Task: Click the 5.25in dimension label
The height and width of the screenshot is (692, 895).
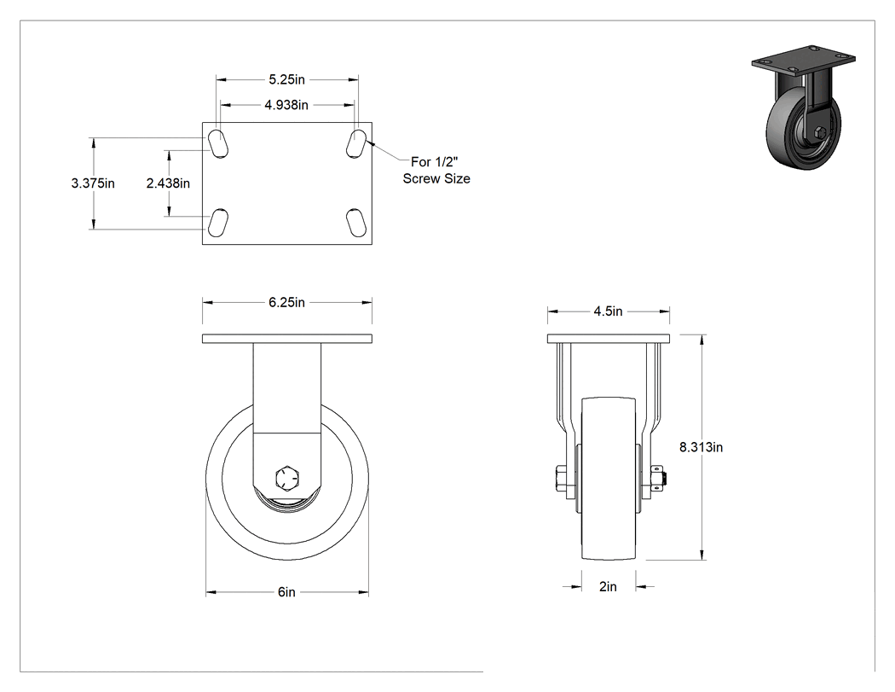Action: click(x=286, y=79)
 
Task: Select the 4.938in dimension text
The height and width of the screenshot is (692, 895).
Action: click(x=286, y=105)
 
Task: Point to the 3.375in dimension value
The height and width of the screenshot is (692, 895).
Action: click(x=93, y=183)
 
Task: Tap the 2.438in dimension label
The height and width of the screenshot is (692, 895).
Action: click(x=168, y=183)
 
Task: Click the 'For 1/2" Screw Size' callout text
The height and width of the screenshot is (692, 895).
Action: click(x=436, y=171)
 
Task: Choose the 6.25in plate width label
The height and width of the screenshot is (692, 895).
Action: click(x=286, y=302)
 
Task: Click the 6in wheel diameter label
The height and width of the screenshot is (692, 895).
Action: click(x=286, y=592)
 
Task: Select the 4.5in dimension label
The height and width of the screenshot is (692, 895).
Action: click(x=608, y=311)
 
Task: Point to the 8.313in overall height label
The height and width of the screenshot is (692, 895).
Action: click(x=701, y=447)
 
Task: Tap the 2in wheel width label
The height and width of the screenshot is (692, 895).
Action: click(x=608, y=586)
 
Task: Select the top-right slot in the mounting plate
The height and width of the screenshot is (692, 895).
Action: click(x=356, y=143)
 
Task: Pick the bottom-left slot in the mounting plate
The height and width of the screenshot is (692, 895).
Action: click(x=218, y=223)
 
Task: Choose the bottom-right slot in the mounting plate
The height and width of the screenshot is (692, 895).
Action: click(x=356, y=223)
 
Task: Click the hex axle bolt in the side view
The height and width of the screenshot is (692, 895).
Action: click(x=286, y=479)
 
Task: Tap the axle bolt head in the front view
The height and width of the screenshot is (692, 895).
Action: click(x=561, y=479)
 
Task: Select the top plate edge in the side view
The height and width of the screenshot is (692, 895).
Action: click(x=287, y=339)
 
